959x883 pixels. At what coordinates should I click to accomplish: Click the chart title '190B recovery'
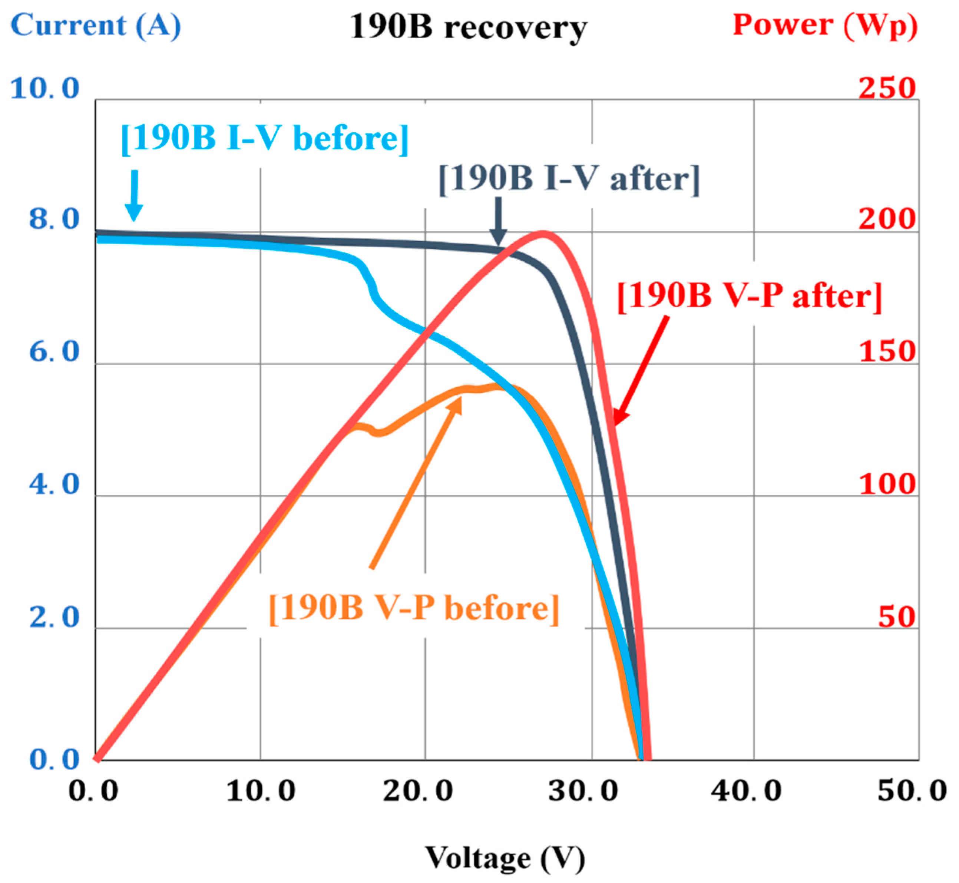pos(468,27)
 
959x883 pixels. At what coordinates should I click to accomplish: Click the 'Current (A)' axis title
pos(96,25)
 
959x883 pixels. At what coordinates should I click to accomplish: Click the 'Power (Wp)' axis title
pos(825,25)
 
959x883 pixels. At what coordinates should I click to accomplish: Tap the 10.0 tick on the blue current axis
pos(44,89)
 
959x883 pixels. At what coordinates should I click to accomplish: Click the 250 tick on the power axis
pos(887,88)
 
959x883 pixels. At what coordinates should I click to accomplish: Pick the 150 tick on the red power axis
pos(887,352)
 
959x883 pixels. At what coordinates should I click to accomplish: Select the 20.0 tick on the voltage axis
pos(418,791)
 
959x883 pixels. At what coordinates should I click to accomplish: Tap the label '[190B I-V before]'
pos(265,139)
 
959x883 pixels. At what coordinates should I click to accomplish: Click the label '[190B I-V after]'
pos(569,179)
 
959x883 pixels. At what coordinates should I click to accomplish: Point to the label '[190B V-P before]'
pos(413,608)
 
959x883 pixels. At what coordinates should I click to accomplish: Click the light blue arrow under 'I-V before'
pos(134,196)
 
